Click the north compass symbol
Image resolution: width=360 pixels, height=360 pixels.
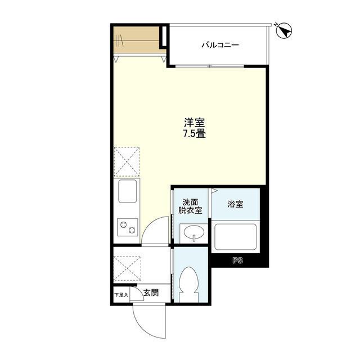(283, 30)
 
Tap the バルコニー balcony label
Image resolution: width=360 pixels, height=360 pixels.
(220, 45)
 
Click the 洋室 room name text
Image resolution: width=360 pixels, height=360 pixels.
(194, 123)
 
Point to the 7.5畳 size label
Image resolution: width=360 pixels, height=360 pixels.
(194, 134)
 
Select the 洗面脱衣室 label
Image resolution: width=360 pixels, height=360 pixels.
(190, 206)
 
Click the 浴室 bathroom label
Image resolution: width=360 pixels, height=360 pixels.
(235, 204)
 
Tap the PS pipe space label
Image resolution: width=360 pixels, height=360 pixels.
(237, 260)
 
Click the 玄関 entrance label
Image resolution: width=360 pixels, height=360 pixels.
(151, 292)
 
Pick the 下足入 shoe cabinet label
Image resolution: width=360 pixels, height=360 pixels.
(121, 295)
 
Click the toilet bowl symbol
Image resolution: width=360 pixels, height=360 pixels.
(189, 284)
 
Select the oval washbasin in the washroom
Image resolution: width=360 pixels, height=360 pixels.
(193, 231)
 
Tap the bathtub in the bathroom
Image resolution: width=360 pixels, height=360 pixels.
(235, 237)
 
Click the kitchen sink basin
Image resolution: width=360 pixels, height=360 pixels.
(128, 191)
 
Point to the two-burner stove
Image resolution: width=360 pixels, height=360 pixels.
(128, 227)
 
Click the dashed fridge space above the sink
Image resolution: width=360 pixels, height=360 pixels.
(127, 161)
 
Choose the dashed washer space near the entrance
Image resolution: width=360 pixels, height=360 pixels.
(127, 268)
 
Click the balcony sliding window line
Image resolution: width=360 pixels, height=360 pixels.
(210, 66)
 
